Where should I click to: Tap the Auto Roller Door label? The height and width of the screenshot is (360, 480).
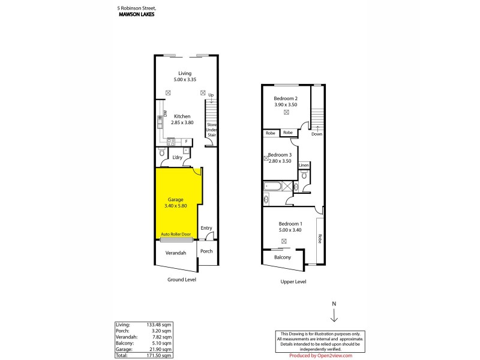click(x=176, y=234)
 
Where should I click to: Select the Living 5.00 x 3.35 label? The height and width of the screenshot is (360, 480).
click(x=184, y=76)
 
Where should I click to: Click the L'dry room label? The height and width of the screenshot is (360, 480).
click(x=177, y=158)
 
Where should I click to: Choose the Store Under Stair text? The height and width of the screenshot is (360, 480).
click(x=211, y=130)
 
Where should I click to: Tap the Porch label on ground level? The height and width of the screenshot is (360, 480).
click(x=206, y=251)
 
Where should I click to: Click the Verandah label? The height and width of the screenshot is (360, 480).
click(x=176, y=253)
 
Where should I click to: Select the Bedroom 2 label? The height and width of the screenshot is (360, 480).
click(x=286, y=101)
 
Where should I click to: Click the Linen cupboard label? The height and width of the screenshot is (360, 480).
click(x=304, y=165)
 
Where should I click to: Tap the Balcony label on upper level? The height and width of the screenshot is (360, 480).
click(x=283, y=257)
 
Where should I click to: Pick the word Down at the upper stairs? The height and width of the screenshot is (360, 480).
click(x=317, y=134)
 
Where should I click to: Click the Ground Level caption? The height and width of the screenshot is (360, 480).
click(x=181, y=280)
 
